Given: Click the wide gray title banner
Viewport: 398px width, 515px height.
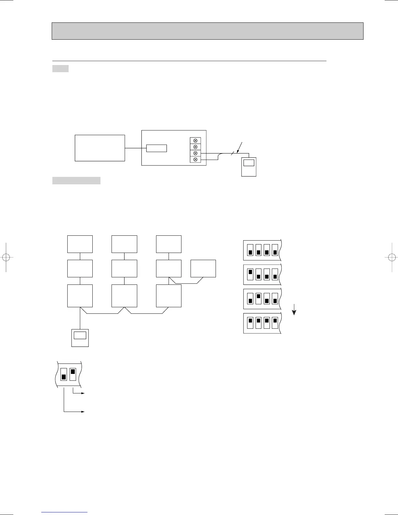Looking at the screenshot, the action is (207, 31).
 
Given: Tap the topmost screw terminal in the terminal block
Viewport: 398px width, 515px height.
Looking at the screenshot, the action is (195, 140).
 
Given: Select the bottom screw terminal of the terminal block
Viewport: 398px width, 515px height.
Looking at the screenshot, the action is (195, 159).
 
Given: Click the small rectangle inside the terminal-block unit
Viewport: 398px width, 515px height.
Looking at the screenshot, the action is (156, 148).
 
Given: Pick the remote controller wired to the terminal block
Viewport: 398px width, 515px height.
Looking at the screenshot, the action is (249, 167).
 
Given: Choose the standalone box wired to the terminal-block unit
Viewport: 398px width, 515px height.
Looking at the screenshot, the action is (100, 148).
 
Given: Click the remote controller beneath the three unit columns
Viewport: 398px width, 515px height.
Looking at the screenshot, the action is (80, 338).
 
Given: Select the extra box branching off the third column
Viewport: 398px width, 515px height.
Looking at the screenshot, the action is (203, 269).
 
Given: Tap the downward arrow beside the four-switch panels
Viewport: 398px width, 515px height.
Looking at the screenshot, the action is (294, 309).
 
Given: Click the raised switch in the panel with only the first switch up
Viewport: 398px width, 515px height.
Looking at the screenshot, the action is (250, 272).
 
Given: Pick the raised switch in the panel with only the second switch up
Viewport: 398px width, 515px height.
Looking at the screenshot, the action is (259, 296).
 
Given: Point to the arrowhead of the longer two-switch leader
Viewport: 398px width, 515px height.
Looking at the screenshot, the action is (83, 412).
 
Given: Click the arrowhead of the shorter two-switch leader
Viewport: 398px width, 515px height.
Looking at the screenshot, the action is (83, 393).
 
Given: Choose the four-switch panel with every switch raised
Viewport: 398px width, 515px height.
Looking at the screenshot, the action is (262, 323).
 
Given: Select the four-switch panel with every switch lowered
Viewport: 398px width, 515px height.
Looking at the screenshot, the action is (262, 250).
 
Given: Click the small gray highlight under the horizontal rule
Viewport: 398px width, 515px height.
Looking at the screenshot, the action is (60, 69).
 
